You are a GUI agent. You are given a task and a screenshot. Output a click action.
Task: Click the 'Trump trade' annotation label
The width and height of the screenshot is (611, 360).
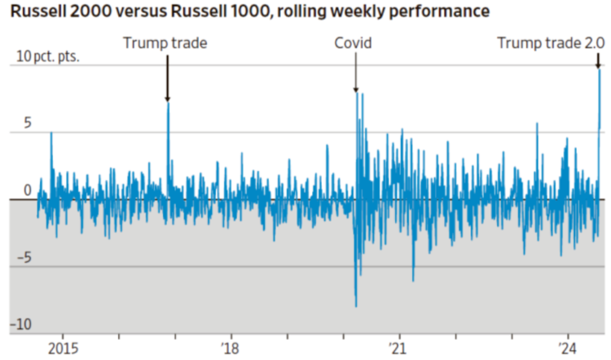[165, 42]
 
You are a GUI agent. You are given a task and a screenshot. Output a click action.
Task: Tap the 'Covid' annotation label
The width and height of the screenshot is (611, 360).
[354, 42]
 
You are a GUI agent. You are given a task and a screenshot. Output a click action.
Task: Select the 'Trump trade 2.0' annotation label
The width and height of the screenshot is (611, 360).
[550, 42]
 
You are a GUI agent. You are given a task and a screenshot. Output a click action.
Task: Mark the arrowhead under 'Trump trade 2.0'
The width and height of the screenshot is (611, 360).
[598, 65]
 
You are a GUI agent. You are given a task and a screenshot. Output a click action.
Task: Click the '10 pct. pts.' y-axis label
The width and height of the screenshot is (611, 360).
[47, 59]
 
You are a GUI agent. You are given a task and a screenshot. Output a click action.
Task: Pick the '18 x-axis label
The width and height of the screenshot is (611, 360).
[231, 349]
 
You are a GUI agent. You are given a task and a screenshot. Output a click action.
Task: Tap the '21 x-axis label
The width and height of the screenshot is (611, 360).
[399, 349]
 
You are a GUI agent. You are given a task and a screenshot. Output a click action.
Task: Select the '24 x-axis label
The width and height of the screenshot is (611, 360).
[568, 349]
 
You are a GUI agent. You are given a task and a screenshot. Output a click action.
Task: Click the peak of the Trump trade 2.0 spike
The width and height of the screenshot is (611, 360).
[600, 70]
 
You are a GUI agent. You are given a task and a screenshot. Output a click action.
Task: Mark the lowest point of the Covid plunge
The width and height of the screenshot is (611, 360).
[356, 306]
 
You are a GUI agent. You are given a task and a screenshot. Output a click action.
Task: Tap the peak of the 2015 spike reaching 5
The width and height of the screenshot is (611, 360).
[51, 133]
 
